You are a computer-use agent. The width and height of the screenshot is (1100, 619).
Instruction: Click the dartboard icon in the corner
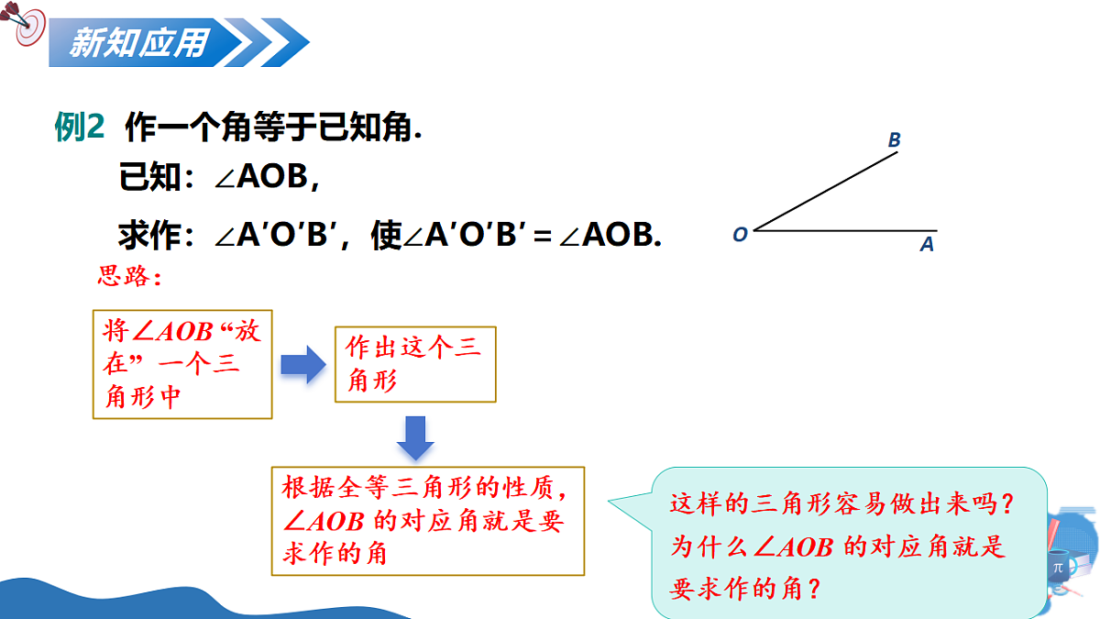click(x=27, y=27)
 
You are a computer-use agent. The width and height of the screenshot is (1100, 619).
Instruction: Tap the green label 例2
click(x=82, y=129)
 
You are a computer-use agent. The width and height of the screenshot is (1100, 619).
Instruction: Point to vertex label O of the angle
click(x=740, y=234)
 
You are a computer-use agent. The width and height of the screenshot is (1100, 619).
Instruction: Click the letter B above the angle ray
click(x=894, y=140)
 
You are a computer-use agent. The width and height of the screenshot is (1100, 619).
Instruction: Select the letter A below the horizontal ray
click(x=927, y=245)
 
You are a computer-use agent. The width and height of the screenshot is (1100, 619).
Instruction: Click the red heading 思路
click(x=129, y=276)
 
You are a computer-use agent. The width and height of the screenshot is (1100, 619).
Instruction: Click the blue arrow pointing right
click(x=303, y=364)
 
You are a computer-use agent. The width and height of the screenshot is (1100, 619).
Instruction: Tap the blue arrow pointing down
click(x=415, y=438)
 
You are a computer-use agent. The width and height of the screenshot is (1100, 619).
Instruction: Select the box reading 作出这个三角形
click(x=415, y=364)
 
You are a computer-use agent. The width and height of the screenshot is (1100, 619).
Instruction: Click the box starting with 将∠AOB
click(x=182, y=364)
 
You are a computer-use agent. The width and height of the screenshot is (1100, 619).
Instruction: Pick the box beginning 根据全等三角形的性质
click(x=428, y=521)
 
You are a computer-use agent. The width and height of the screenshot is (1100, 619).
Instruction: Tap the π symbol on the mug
click(x=1058, y=568)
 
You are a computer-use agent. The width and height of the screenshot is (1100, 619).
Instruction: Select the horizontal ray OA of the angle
click(x=843, y=230)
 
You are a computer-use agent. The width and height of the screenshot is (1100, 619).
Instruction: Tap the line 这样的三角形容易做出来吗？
click(x=843, y=504)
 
